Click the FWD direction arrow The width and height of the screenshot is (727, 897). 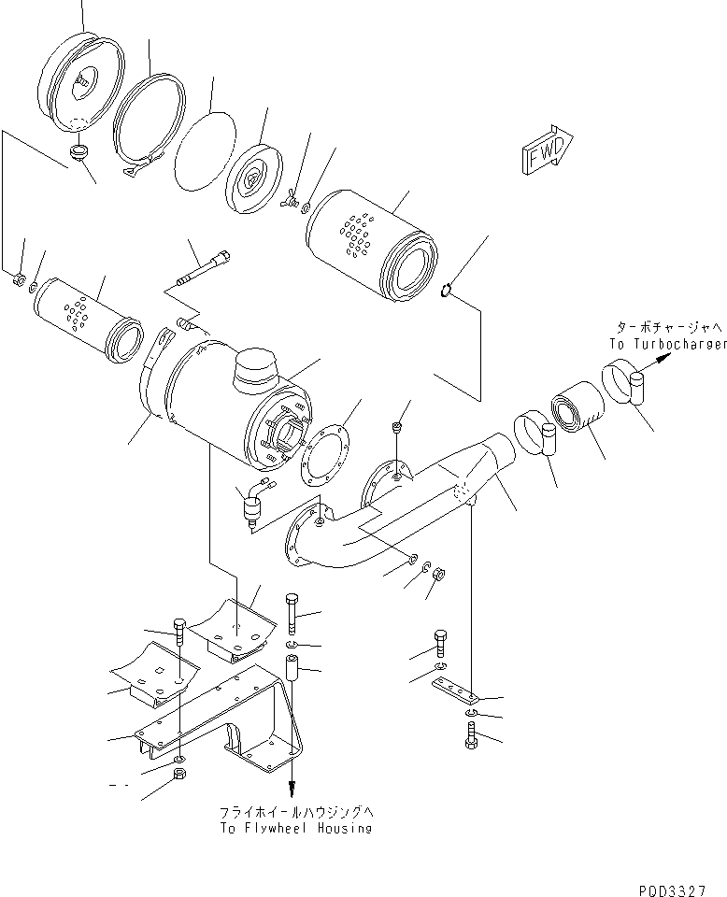547,149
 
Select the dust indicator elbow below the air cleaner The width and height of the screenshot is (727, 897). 251,503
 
